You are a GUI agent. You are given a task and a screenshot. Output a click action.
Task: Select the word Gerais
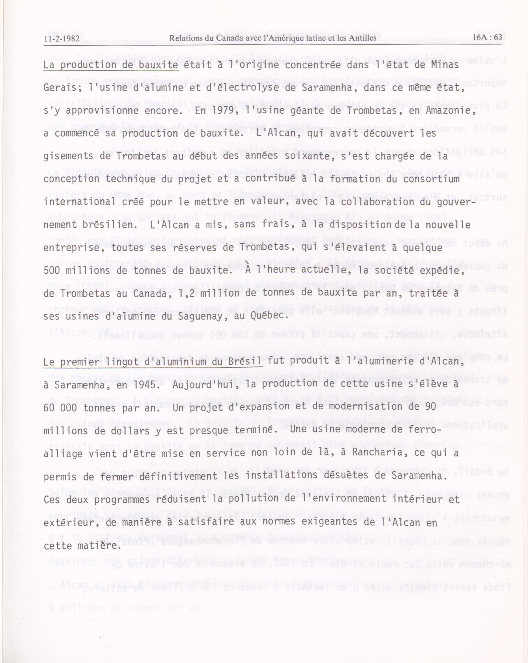click(60, 88)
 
